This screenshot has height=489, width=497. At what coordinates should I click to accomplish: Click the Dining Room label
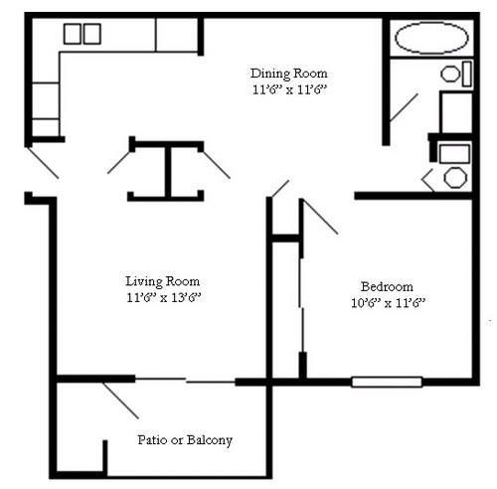click(x=288, y=74)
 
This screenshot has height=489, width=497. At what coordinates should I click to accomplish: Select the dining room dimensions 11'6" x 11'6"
click(x=288, y=88)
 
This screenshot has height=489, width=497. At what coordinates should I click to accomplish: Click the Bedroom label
click(x=387, y=286)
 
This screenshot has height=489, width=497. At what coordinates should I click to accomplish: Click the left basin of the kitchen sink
click(x=73, y=34)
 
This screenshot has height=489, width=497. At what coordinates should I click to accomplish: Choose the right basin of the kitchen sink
click(x=91, y=34)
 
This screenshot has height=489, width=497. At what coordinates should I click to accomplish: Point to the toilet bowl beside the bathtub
click(x=451, y=73)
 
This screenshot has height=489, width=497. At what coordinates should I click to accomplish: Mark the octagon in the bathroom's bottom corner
click(x=455, y=179)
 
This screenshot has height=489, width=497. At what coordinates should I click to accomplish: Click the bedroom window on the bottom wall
click(x=387, y=381)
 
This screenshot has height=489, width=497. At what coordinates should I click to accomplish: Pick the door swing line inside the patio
click(x=121, y=400)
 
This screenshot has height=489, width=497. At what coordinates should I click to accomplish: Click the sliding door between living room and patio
click(x=185, y=380)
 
